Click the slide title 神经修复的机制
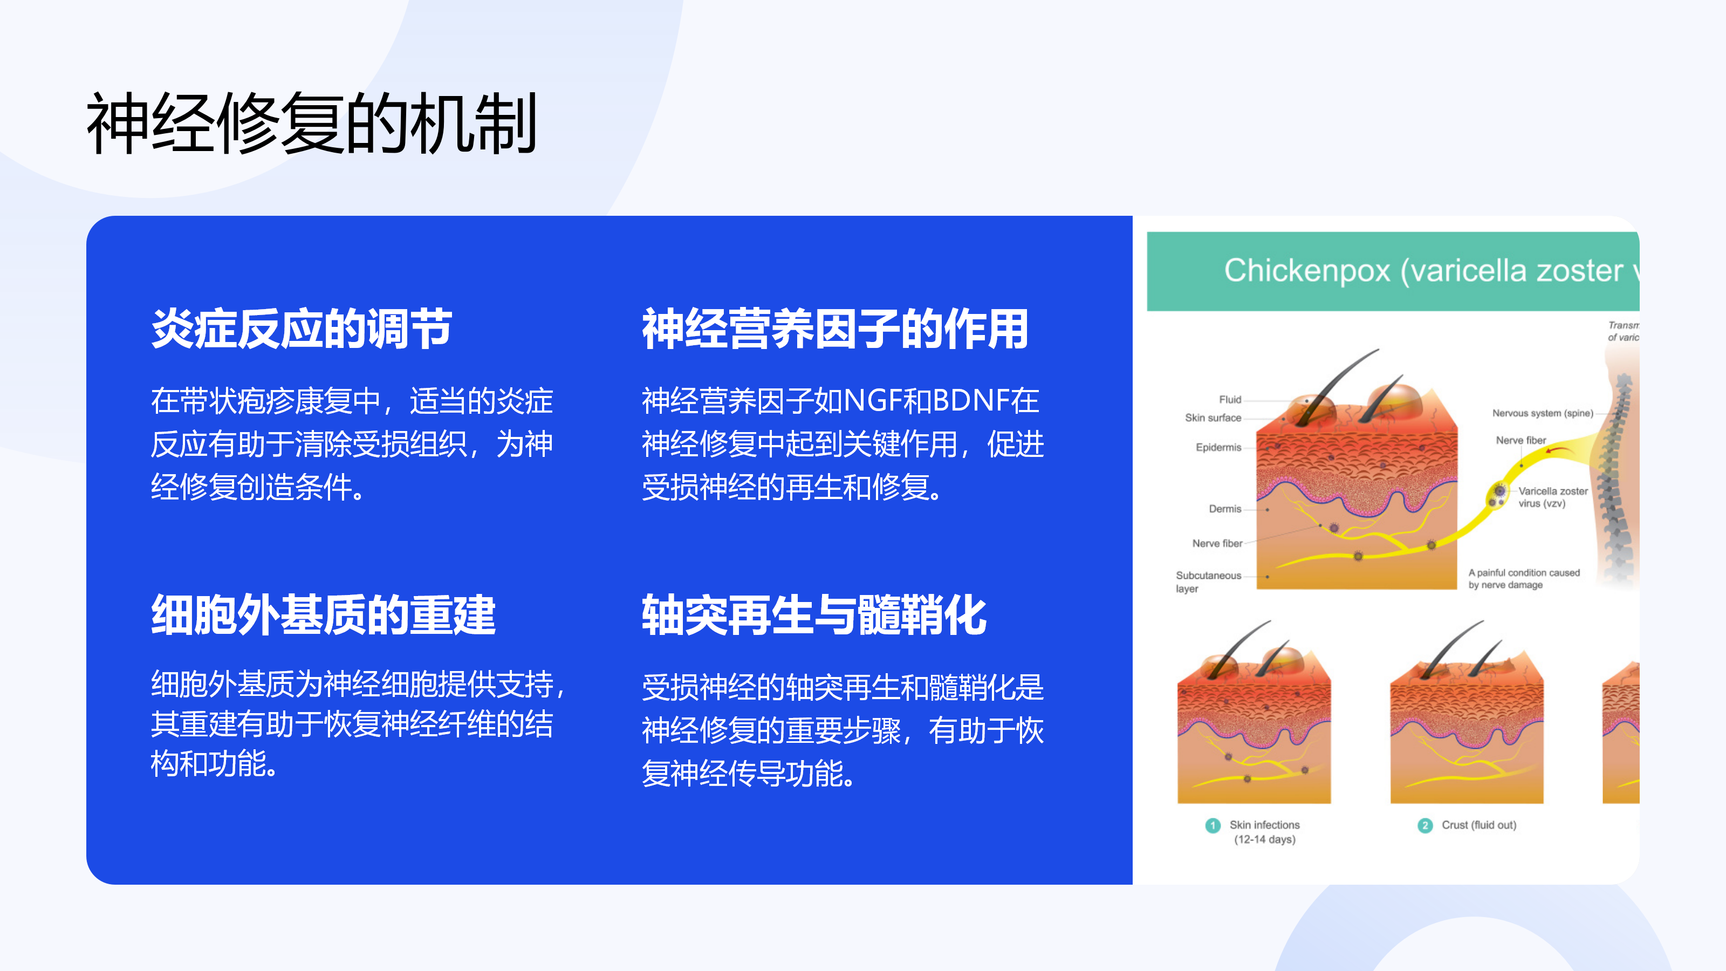312,124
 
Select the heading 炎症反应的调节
302,329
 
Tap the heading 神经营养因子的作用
835,329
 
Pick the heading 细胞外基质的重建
323,615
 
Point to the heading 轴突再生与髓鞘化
813,615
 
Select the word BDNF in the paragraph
971,401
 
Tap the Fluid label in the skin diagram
1230,399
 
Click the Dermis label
1225,509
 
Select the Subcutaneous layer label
1208,582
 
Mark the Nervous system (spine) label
1543,413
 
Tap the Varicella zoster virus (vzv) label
1552,497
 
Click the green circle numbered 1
1212,825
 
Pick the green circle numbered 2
1424,825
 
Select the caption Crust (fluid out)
1479,825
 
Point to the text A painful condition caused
1524,573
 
